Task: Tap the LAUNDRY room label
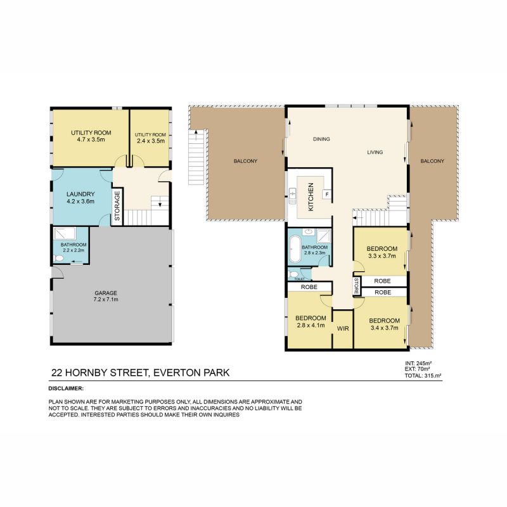(81, 198)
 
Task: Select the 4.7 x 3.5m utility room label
(90, 136)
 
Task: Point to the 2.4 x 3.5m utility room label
(150, 138)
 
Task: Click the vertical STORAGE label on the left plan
(117, 207)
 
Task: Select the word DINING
(322, 139)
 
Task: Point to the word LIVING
(376, 153)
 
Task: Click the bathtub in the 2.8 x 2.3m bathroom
(295, 251)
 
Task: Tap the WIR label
(343, 330)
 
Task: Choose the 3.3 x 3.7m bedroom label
(382, 252)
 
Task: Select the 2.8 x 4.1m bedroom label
(311, 321)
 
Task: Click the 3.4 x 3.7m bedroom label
(385, 324)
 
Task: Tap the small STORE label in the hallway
(357, 286)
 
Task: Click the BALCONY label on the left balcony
(245, 161)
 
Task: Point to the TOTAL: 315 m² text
(423, 376)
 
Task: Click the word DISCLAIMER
(66, 387)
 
